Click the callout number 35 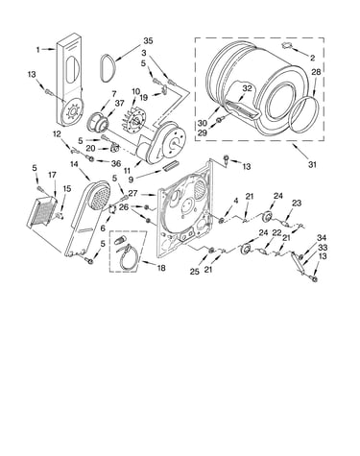148,41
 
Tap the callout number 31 312,164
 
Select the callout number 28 316,72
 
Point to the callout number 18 161,268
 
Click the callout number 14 74,164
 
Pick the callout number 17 52,175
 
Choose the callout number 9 131,180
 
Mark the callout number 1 38,50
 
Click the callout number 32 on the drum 247,88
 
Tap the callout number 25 195,272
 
